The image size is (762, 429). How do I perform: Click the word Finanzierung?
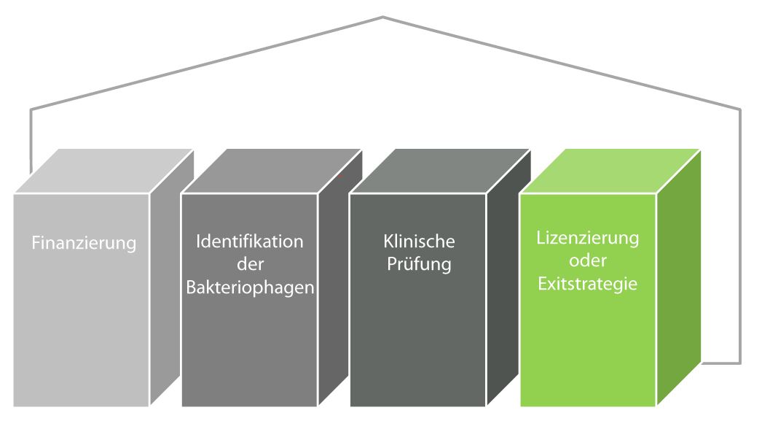point(84,242)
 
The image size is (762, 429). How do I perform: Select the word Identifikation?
point(249,241)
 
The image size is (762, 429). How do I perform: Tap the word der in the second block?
point(249,264)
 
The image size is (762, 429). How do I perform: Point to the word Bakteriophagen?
point(250,287)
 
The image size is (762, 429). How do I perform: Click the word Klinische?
point(418,241)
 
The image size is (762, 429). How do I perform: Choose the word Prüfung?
point(418,263)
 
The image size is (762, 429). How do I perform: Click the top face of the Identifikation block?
point(271,171)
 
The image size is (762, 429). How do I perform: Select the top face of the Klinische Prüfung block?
point(439,171)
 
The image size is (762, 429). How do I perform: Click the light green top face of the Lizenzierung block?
point(609,171)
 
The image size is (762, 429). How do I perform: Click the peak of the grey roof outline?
point(382,17)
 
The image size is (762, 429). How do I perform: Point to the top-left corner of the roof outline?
point(31,110)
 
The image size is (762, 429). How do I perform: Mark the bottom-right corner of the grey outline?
point(740,363)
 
